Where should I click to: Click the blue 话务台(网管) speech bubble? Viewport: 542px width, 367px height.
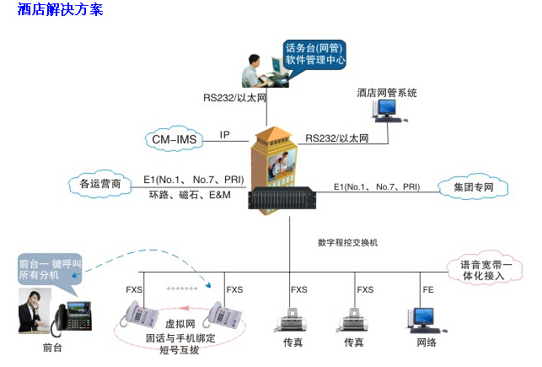315,54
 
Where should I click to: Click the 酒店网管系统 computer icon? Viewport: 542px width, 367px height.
387,109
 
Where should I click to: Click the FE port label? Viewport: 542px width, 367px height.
428,289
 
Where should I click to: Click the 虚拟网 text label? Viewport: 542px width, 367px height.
180,323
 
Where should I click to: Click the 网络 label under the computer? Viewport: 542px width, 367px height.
427,343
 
